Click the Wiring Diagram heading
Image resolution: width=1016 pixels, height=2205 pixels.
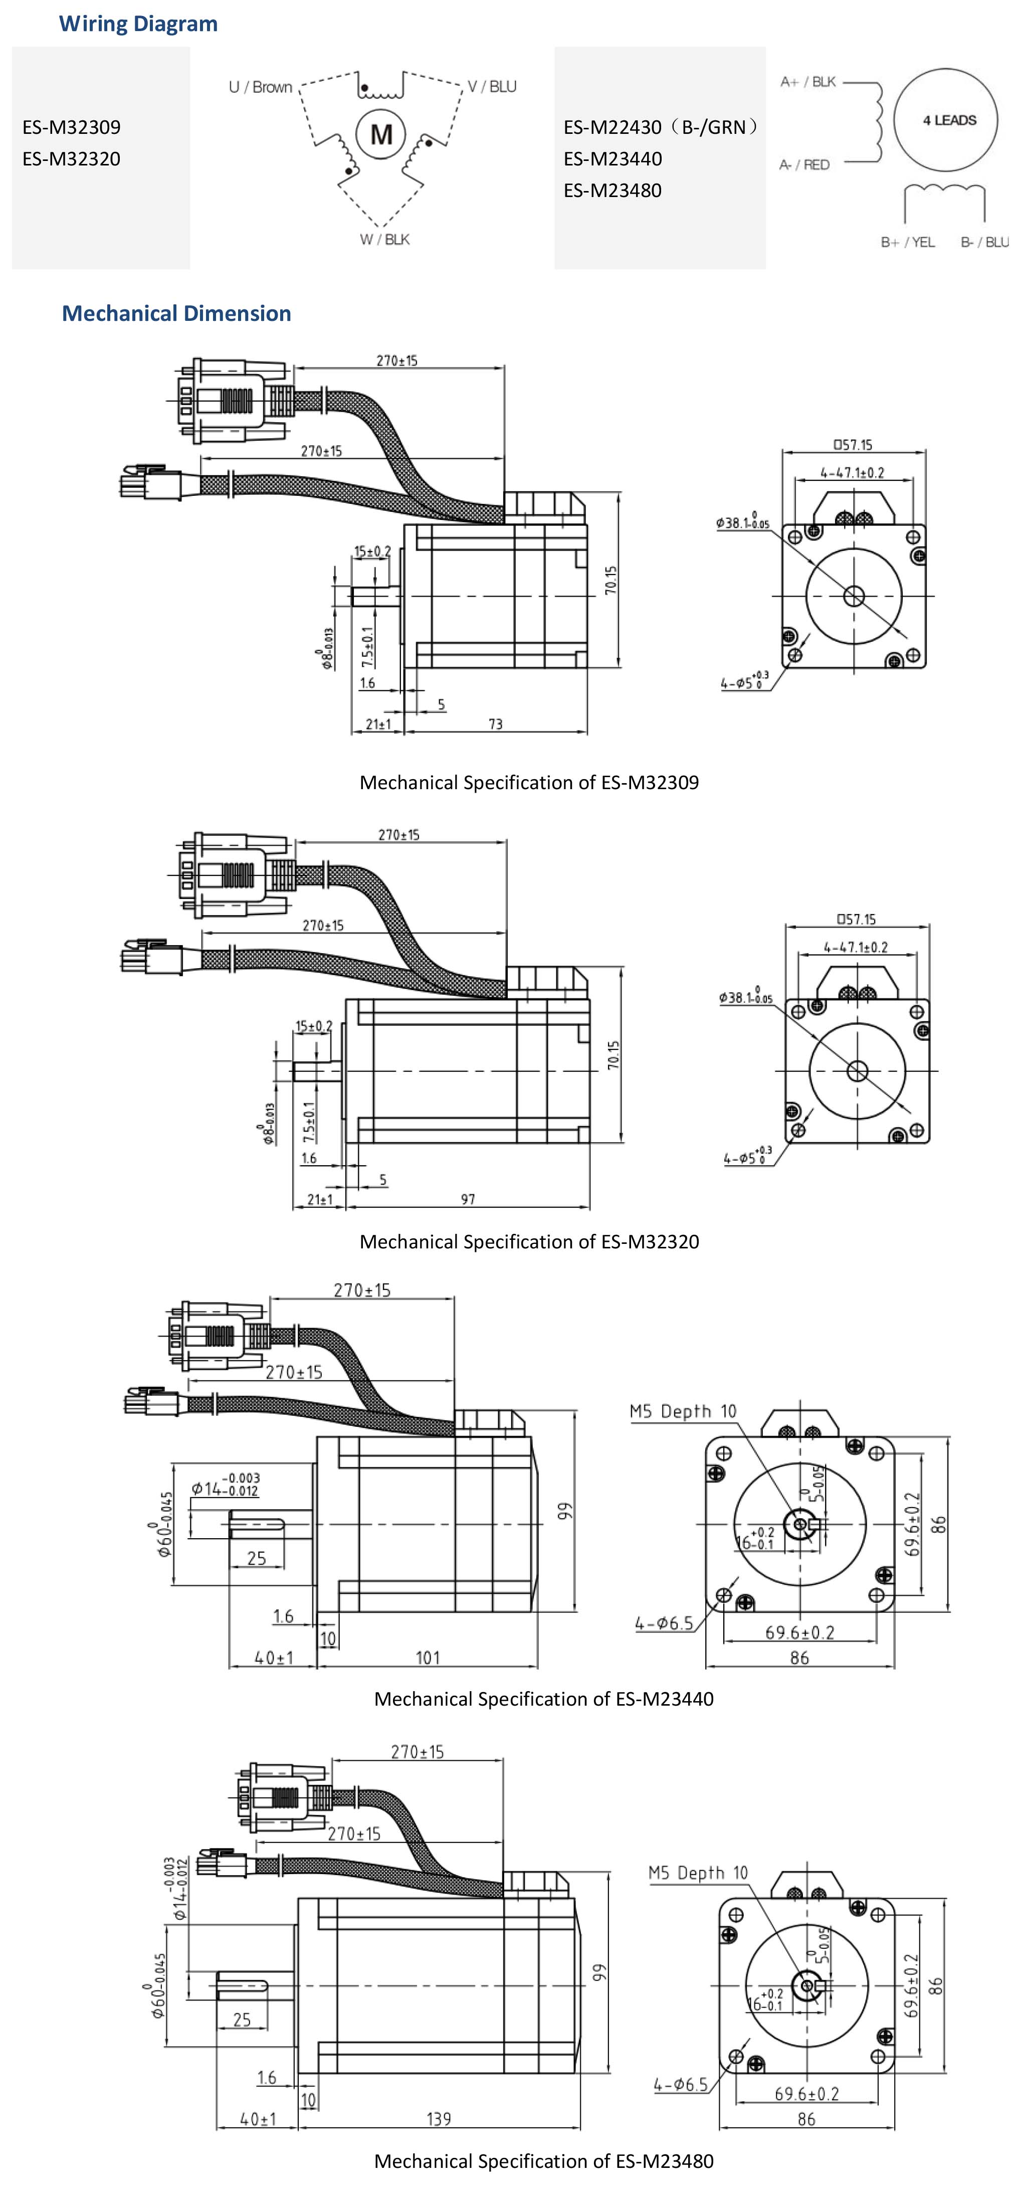pyautogui.click(x=138, y=24)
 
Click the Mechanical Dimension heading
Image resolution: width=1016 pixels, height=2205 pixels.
pyautogui.click(x=176, y=313)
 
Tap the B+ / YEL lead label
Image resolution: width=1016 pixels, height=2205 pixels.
pyautogui.click(x=907, y=242)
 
